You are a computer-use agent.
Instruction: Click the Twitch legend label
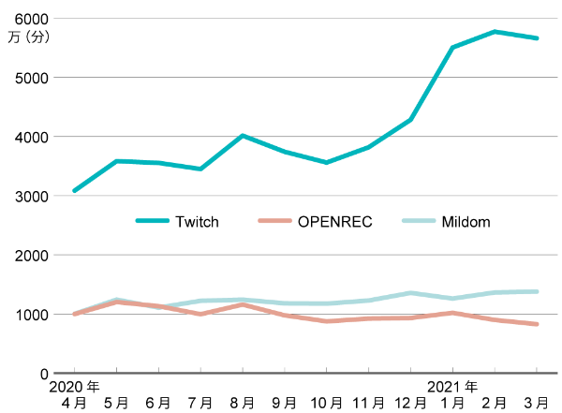197,222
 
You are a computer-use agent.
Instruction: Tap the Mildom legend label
465,222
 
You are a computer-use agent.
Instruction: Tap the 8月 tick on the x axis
242,402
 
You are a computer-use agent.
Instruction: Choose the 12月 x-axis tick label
410,402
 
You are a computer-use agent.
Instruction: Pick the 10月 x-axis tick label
326,402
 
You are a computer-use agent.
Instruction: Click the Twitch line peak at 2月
495,32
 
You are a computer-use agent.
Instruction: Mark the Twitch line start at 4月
75,190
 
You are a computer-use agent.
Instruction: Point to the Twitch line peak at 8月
243,136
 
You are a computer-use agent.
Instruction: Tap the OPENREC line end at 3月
536,324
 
